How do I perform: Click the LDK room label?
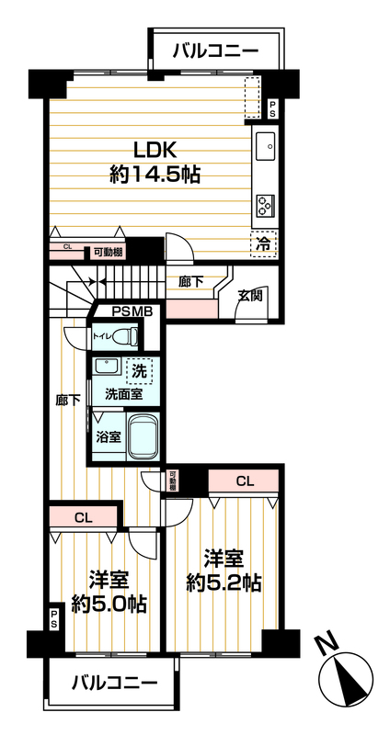pyautogui.click(x=155, y=152)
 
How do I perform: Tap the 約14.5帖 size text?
pyautogui.click(x=155, y=175)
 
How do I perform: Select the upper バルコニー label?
pyautogui.click(x=216, y=51)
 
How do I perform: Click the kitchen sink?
pyautogui.click(x=265, y=146)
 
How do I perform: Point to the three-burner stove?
pyautogui.click(x=265, y=204)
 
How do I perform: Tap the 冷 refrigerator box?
pyautogui.click(x=264, y=243)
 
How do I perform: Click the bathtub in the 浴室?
pyautogui.click(x=143, y=437)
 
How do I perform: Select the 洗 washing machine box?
pyautogui.click(x=139, y=372)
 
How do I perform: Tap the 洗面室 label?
pyautogui.click(x=123, y=395)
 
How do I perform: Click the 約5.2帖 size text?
pyautogui.click(x=224, y=582)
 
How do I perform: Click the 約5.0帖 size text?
pyautogui.click(x=109, y=605)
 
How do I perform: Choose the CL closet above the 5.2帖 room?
pyautogui.click(x=244, y=481)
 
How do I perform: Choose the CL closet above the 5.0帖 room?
pyautogui.click(x=83, y=518)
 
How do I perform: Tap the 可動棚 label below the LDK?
pyautogui.click(x=108, y=252)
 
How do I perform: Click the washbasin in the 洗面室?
pyautogui.click(x=107, y=366)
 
